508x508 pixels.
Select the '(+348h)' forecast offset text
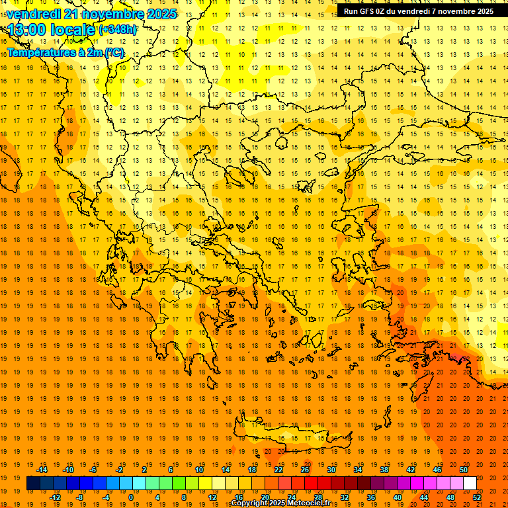[x=118, y=30]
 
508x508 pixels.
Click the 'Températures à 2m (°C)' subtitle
[x=65, y=52]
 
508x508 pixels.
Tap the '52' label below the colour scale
[x=478, y=497]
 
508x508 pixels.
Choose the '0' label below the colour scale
[x=131, y=497]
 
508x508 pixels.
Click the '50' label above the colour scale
[x=464, y=470]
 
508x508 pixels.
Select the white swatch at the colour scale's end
[x=470, y=484]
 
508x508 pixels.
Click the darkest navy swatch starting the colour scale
[x=33, y=484]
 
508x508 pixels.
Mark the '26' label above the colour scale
[x=305, y=470]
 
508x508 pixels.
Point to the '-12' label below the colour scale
[x=55, y=497]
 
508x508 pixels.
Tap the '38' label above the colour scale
[x=384, y=470]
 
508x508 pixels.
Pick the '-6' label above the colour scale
[x=94, y=470]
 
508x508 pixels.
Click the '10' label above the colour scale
[x=199, y=470]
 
